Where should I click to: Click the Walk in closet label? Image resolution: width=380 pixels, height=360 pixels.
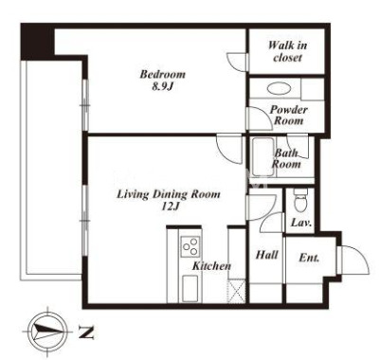(x=287, y=51)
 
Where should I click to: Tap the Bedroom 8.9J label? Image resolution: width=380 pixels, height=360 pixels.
(x=163, y=81)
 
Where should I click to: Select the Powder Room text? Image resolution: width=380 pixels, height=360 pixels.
(x=288, y=116)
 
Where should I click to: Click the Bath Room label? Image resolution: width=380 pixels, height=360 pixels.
(x=286, y=159)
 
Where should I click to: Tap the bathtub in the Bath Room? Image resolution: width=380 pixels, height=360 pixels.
(x=262, y=157)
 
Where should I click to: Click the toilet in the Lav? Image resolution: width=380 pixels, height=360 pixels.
(x=299, y=201)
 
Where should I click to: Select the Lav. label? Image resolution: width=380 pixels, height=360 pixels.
(x=301, y=223)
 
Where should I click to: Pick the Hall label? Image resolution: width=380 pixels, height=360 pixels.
(x=267, y=255)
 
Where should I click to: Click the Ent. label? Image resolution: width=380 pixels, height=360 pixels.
(x=309, y=258)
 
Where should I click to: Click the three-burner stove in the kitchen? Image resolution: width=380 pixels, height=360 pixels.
(x=190, y=246)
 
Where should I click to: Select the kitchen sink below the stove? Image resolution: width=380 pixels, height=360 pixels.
(x=190, y=288)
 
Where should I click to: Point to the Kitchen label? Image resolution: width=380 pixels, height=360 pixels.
(x=211, y=266)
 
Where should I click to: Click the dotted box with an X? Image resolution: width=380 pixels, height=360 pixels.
(x=237, y=291)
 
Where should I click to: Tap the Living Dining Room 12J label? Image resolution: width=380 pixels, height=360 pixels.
(x=169, y=200)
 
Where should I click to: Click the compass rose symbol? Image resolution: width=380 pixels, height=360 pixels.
(x=47, y=331)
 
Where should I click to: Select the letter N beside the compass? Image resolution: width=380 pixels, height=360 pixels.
(x=86, y=332)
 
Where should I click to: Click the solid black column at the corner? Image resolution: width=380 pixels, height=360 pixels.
(x=38, y=42)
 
